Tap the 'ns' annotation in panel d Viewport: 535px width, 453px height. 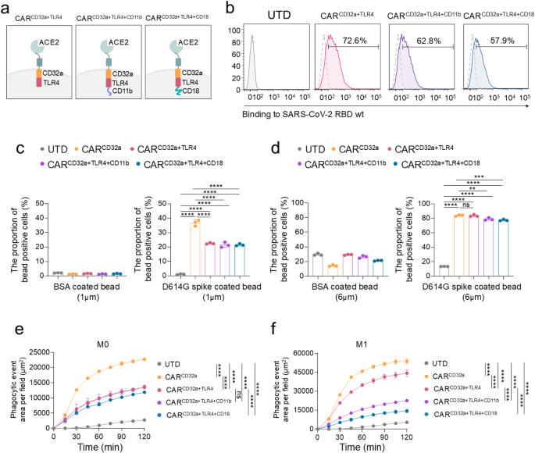point(465,205)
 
